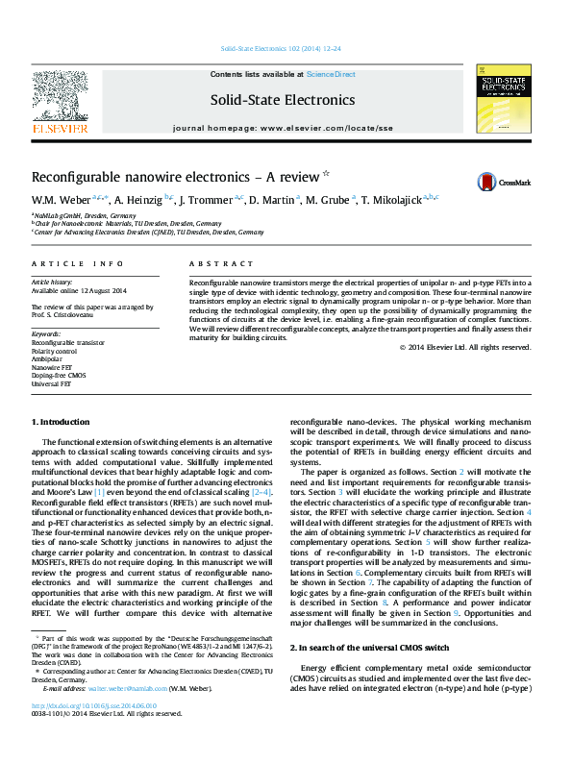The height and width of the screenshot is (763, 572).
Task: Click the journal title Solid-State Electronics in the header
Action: [x=283, y=100]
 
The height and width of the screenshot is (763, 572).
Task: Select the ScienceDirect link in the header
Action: [x=331, y=74]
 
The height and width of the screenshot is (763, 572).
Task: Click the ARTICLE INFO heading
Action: [x=77, y=263]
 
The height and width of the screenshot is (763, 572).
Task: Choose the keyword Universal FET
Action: [x=51, y=383]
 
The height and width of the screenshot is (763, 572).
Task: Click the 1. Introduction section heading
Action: [x=62, y=422]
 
